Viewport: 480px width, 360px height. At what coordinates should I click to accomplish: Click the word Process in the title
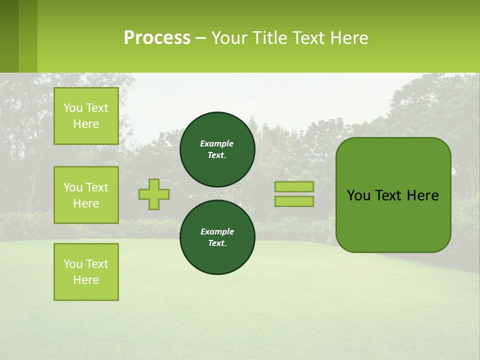(x=157, y=38)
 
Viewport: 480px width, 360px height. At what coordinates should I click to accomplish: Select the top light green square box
(x=86, y=116)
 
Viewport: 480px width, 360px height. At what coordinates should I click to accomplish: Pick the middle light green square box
(x=86, y=195)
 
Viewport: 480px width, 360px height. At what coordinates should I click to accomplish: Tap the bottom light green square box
(x=86, y=272)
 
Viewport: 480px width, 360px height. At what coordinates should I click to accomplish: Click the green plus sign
(x=154, y=194)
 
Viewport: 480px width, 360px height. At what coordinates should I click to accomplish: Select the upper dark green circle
(x=217, y=149)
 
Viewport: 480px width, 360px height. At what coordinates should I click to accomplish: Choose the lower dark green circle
(x=217, y=237)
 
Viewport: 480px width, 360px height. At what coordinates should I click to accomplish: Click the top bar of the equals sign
(x=294, y=187)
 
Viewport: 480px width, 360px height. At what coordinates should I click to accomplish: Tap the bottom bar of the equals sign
(x=294, y=201)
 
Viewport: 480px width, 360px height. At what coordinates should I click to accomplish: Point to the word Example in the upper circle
(x=217, y=143)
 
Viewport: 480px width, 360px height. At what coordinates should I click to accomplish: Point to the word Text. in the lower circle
(x=217, y=243)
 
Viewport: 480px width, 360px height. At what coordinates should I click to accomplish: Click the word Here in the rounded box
(x=422, y=195)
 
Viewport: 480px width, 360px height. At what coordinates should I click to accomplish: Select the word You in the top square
(x=73, y=108)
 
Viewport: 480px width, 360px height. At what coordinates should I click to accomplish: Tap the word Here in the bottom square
(x=86, y=280)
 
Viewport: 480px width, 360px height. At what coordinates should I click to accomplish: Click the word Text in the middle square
(x=97, y=187)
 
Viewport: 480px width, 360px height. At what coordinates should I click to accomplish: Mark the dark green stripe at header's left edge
(x=9, y=36)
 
